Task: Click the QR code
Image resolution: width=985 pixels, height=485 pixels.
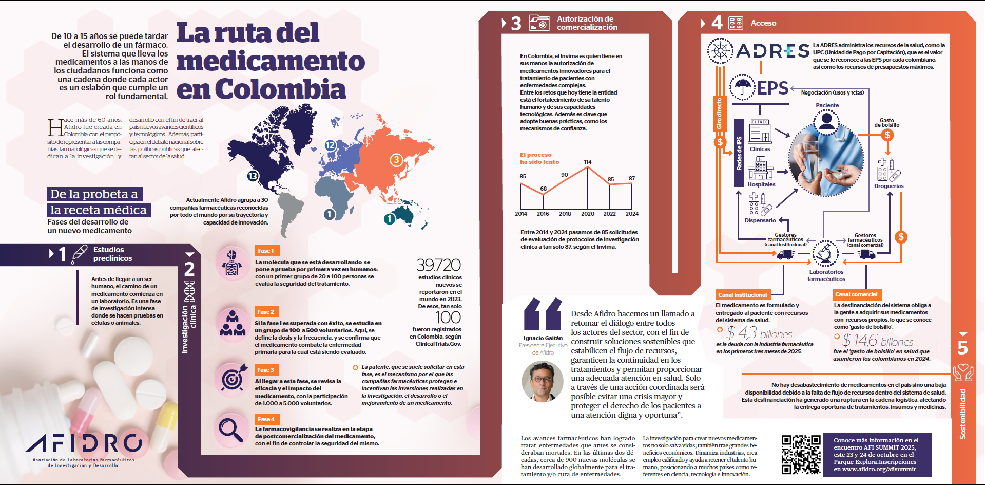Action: point(801,454)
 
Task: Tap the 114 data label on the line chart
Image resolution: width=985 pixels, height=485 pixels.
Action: point(588,162)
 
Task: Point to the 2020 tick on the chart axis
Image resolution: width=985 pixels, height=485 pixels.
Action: point(588,214)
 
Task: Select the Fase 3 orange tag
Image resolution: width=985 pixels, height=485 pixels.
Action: point(266,370)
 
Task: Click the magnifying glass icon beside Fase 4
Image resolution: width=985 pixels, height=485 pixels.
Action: point(231,430)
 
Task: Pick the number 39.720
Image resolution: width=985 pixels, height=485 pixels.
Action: point(438,265)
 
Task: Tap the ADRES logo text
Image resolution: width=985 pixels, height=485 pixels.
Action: point(772,51)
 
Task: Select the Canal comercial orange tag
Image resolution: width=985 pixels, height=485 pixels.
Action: point(856,294)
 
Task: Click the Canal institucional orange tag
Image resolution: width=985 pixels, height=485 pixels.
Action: point(742,295)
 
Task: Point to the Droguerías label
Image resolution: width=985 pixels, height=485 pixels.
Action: point(889,186)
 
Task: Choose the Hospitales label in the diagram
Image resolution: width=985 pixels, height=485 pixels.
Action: point(761,184)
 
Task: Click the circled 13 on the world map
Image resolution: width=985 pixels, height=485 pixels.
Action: point(253,176)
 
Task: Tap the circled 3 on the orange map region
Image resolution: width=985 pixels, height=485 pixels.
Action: point(396,160)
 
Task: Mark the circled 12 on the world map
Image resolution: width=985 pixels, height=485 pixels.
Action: point(330,145)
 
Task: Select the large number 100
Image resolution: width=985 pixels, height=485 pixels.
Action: point(448,318)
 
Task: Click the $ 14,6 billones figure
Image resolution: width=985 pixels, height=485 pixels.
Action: point(878,340)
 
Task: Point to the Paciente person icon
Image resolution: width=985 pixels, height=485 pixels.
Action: point(826,121)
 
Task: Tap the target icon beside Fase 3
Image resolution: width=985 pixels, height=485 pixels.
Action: point(232,379)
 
